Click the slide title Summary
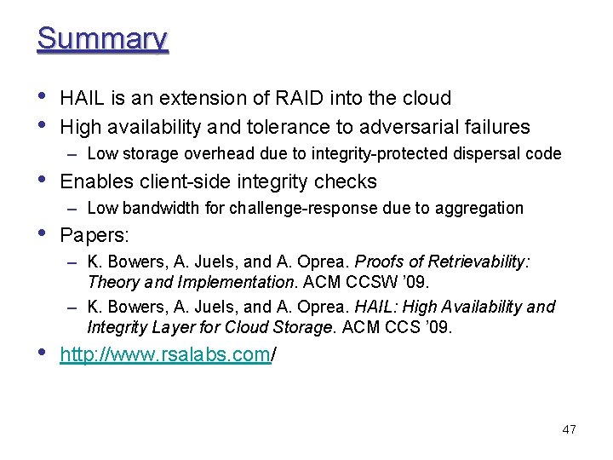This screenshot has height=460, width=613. pos(102,39)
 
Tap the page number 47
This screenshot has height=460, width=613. pos(569,429)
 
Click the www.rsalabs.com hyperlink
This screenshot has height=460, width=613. pos(165,354)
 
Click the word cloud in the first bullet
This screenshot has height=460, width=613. pos(422,99)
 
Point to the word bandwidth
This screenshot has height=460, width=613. pos(152,208)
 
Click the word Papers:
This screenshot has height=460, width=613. pos(95,234)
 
